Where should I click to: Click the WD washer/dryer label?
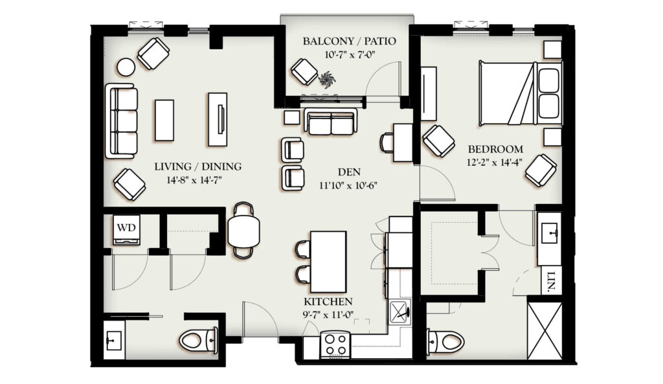[x=126, y=227]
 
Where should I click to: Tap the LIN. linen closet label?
[x=551, y=282]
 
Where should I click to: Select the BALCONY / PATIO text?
[x=349, y=41]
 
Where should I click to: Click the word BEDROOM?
[x=495, y=149]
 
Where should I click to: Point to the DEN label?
[x=349, y=172]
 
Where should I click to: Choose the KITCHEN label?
[x=328, y=302]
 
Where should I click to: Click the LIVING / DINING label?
[x=198, y=166]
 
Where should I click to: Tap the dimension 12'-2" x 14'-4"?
[x=495, y=162]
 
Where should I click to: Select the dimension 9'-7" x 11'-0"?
[x=328, y=314]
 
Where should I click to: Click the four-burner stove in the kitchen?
[x=335, y=344]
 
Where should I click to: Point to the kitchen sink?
[x=399, y=311]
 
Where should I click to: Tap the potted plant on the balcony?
[x=326, y=79]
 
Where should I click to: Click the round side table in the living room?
[x=126, y=67]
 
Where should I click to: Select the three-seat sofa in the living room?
[x=122, y=121]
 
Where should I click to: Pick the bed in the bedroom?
[x=521, y=93]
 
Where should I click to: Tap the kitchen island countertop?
[x=328, y=262]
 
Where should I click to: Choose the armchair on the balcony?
[x=304, y=72]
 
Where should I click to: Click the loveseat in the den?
[x=331, y=122]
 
